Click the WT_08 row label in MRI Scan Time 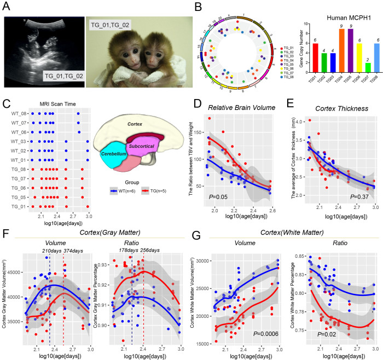[x=18, y=114]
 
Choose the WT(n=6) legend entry [x=126, y=191]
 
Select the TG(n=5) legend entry [x=163, y=191]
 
